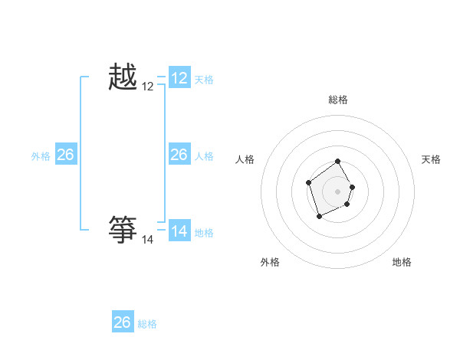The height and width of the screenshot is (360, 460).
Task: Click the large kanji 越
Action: click(x=123, y=78)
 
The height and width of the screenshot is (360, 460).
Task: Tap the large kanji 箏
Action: click(x=123, y=229)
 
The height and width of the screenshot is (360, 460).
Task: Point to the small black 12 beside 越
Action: click(x=148, y=87)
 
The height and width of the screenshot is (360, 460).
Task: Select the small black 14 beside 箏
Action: click(x=148, y=240)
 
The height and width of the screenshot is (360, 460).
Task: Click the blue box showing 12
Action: click(x=179, y=78)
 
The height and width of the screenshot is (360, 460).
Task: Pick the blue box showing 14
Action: click(x=179, y=231)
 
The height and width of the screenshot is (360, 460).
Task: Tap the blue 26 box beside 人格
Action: click(x=179, y=155)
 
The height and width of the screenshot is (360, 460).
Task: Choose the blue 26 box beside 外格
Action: click(x=66, y=155)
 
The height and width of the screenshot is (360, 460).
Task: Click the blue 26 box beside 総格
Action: click(x=123, y=322)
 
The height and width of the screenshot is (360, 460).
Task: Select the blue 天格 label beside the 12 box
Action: click(x=204, y=80)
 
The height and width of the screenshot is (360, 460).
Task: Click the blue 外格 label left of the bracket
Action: click(x=41, y=156)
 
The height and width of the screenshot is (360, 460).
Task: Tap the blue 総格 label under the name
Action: click(x=147, y=324)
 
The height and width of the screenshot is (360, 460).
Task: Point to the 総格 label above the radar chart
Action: click(x=338, y=100)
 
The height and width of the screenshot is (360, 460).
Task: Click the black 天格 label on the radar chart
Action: click(x=431, y=159)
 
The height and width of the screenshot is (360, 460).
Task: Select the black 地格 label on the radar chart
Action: click(x=402, y=262)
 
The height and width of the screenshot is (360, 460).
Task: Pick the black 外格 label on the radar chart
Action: click(x=270, y=262)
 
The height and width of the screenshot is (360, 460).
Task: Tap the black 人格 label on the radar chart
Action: click(x=245, y=159)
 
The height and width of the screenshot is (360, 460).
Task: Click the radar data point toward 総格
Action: click(x=338, y=162)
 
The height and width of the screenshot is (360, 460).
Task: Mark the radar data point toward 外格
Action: click(x=320, y=217)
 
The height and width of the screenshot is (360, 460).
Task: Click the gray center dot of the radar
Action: click(x=338, y=191)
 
